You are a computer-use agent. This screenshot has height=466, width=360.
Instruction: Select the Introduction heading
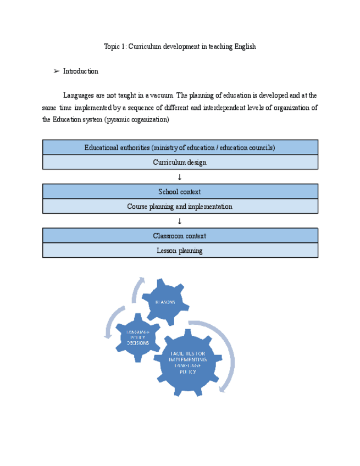point(80,71)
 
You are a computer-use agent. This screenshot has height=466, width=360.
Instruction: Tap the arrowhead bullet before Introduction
point(56,71)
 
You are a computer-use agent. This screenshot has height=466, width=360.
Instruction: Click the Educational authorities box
point(180,147)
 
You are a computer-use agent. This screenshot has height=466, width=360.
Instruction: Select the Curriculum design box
point(180,162)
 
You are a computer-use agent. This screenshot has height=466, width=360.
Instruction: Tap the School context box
point(180,191)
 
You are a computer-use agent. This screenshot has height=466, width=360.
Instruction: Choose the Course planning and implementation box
point(180,207)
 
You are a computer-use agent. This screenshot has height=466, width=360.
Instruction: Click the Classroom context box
point(180,236)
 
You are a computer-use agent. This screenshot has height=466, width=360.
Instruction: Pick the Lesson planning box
point(180,251)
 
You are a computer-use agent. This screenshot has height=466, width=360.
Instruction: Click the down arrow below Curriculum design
point(179,177)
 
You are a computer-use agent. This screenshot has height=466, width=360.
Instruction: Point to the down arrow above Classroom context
point(179,221)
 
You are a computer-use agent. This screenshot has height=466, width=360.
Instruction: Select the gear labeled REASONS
point(165,302)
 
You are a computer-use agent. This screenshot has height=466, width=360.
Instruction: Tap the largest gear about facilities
point(187,363)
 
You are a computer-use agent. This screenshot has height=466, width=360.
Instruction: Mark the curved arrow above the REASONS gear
point(137,288)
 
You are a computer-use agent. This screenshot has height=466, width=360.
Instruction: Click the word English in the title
point(245,47)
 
